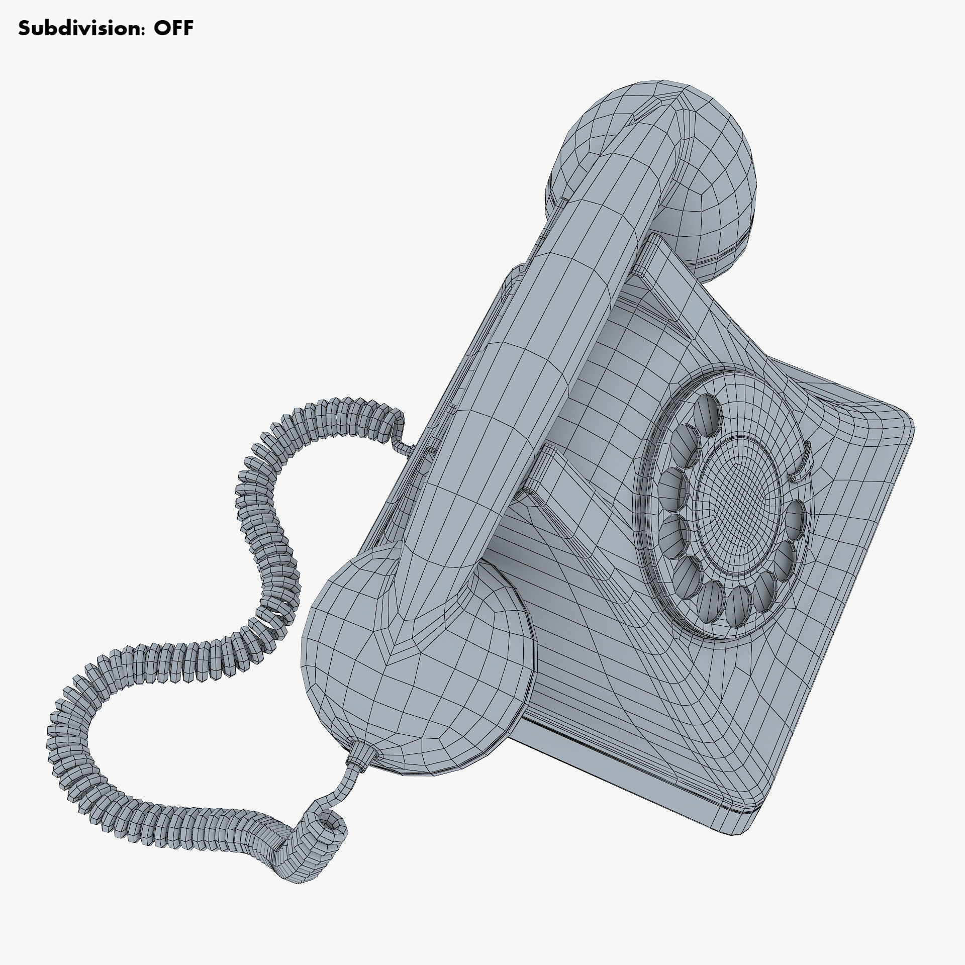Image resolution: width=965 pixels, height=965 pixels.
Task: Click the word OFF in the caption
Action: (x=173, y=28)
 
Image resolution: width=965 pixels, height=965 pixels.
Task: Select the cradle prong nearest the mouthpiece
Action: (x=540, y=472)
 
